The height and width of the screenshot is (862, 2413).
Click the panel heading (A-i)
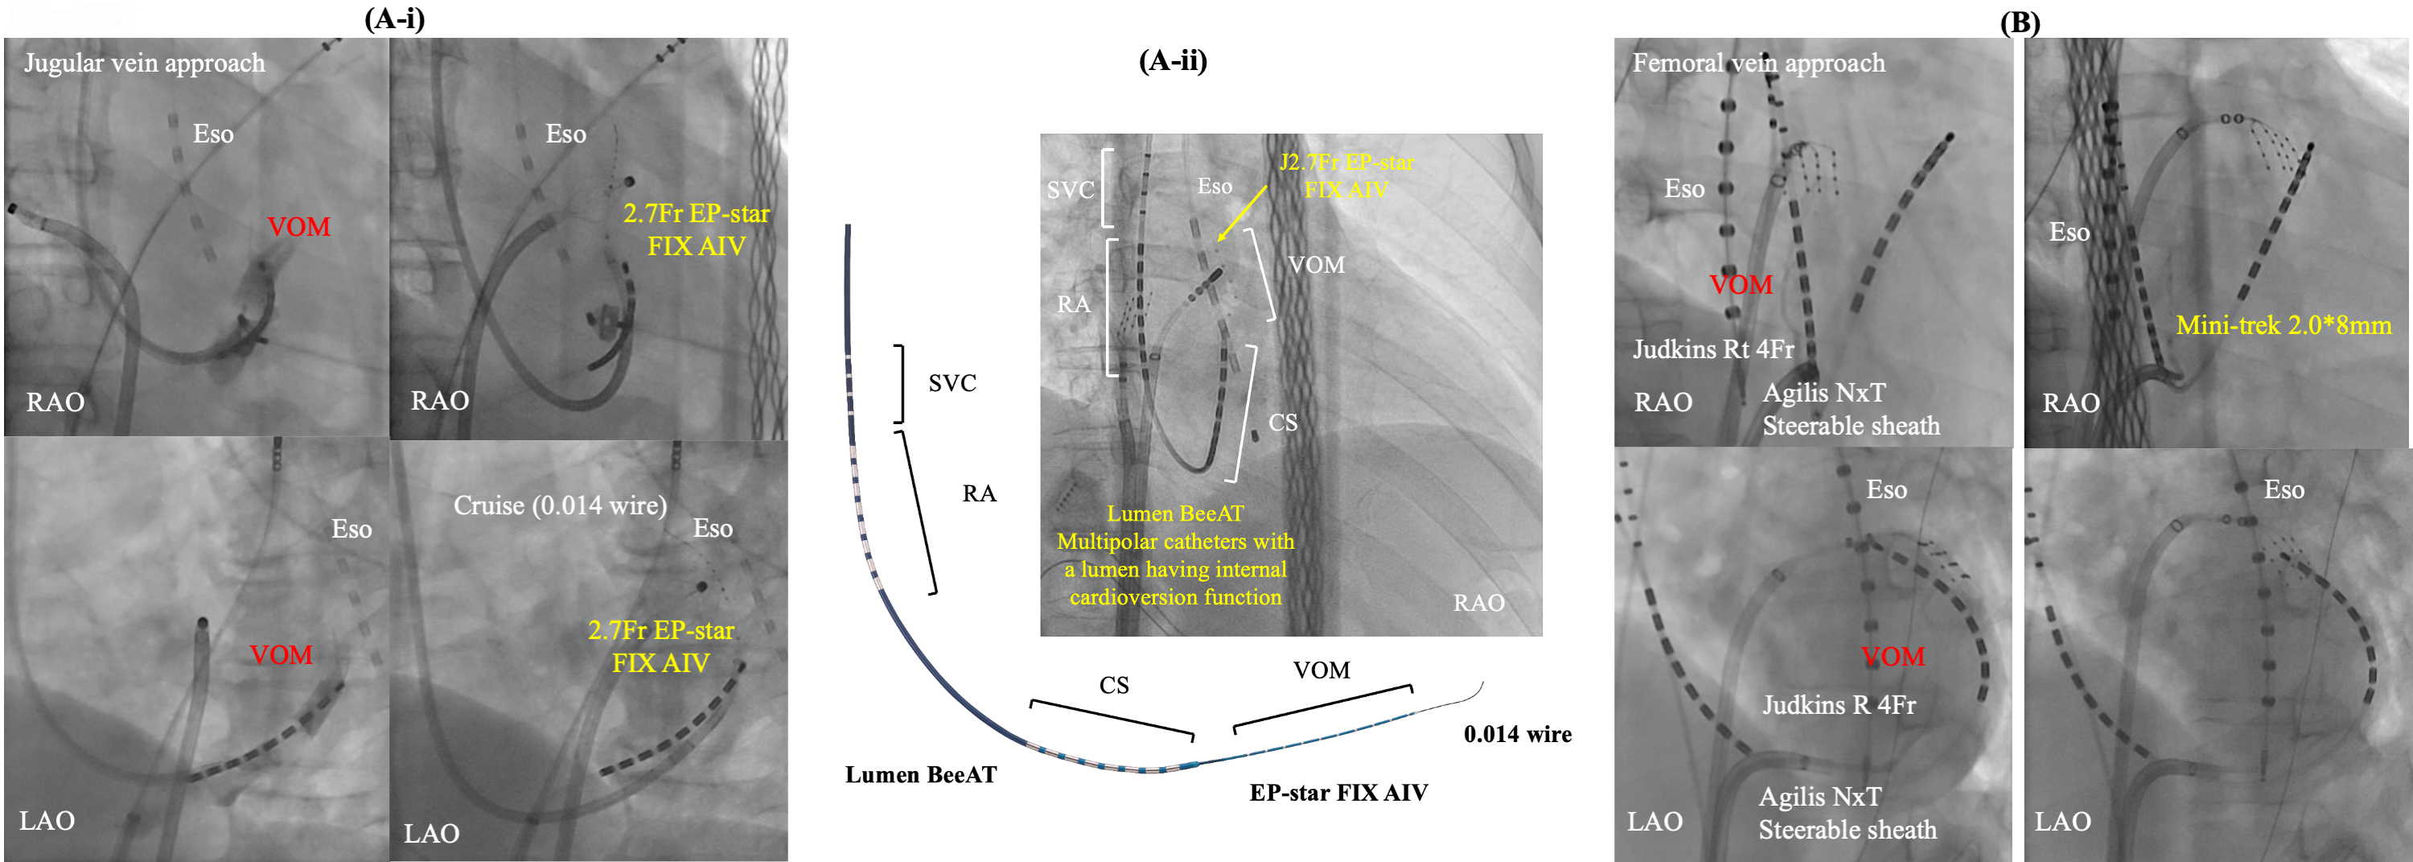394,19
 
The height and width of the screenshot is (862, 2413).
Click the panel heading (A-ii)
1173,61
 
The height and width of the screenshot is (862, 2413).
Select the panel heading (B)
2020,23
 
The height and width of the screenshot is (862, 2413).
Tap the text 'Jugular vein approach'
144,64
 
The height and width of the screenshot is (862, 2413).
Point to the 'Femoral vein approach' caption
1758,63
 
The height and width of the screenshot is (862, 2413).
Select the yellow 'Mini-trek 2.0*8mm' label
2284,325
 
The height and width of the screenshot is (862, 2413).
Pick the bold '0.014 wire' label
1518,735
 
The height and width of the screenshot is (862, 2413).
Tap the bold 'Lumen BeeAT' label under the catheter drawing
920,775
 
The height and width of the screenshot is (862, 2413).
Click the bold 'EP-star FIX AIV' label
1338,793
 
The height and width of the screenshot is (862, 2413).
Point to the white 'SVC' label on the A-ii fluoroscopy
1071,190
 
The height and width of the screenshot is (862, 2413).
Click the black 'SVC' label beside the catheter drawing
952,383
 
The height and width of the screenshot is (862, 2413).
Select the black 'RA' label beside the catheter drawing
979,493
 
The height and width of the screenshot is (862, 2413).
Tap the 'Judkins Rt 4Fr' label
1713,349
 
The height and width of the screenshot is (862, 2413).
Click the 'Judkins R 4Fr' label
1839,704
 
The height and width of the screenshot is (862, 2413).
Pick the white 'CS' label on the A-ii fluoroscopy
1282,423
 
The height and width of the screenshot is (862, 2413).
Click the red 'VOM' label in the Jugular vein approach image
299,227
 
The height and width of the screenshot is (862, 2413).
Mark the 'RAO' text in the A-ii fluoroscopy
1478,604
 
